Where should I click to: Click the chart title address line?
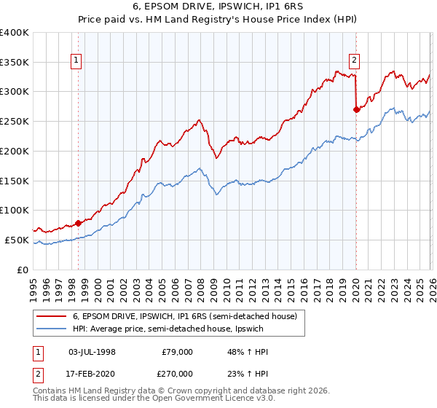218,7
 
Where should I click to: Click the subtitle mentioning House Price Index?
218,20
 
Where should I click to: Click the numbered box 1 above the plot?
76,60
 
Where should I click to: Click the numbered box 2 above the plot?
354,60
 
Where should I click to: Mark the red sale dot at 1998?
78,223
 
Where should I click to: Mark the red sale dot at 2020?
356,110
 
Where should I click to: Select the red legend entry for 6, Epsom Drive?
184,317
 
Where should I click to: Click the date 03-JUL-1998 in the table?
92,352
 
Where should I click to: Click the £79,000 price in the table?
177,352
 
